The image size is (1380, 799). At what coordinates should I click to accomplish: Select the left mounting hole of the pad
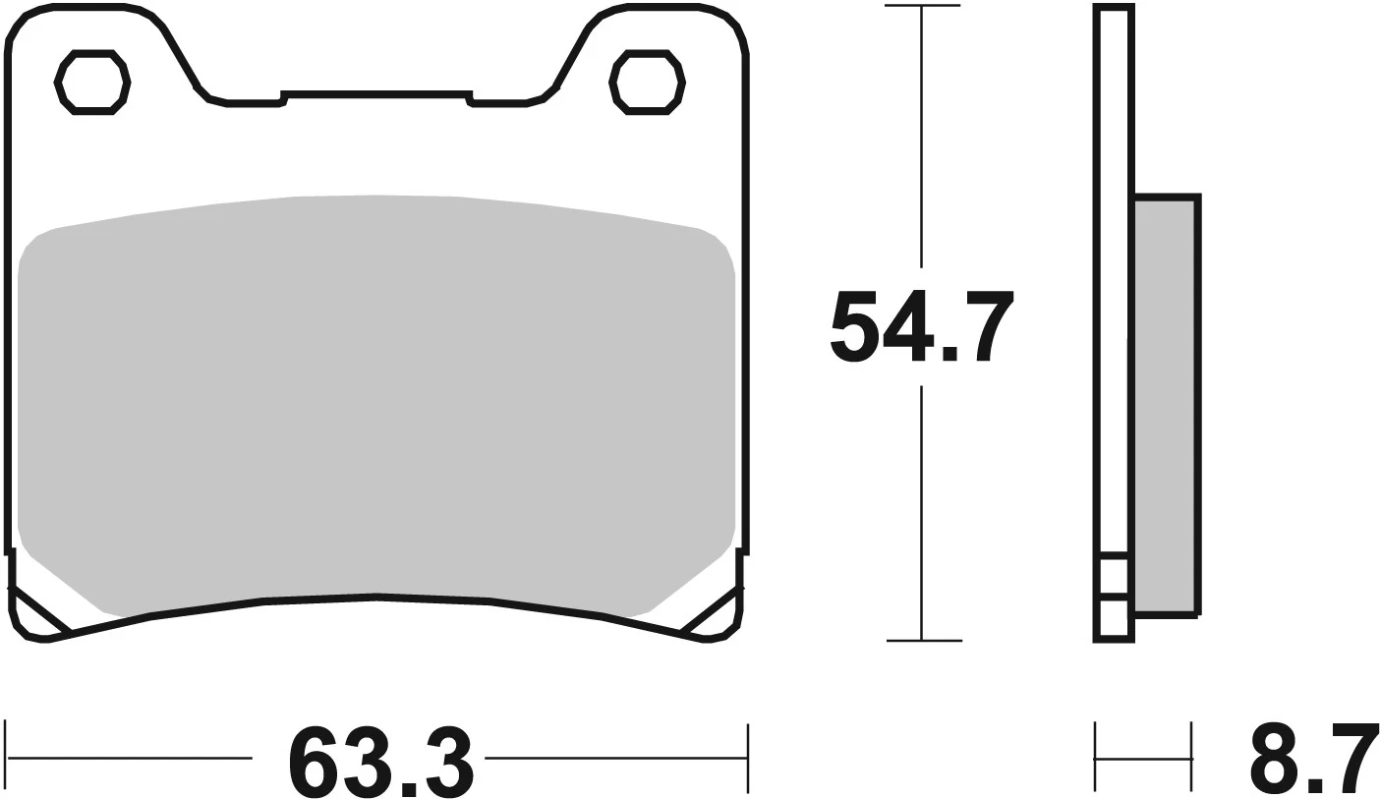(92, 82)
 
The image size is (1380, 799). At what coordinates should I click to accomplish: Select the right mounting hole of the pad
(647, 82)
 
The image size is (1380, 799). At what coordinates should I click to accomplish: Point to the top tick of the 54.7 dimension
(921, 7)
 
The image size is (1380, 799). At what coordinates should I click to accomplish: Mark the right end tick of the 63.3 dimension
(748, 758)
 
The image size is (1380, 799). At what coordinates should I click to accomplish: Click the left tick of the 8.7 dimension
(1095, 758)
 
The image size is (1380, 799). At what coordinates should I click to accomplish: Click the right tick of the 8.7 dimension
(1191, 758)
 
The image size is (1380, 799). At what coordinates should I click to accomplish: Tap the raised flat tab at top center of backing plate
(376, 95)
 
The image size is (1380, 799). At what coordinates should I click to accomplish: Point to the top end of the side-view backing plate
(1114, 8)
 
